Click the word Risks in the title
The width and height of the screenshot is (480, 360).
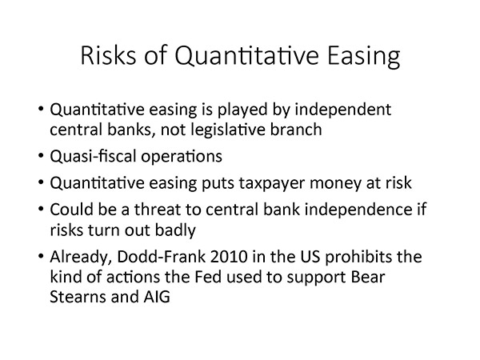(x=108, y=55)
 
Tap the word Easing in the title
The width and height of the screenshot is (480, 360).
(x=364, y=57)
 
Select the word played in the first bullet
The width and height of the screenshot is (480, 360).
(x=242, y=110)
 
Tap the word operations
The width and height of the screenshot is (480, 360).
(x=182, y=157)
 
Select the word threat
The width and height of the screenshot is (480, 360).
(x=158, y=210)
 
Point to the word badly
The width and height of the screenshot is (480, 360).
(x=175, y=230)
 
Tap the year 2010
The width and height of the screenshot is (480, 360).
(x=229, y=257)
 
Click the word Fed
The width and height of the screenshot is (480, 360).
(x=208, y=277)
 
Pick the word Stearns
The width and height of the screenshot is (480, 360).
(x=78, y=297)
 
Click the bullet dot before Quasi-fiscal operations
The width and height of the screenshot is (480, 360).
(x=42, y=156)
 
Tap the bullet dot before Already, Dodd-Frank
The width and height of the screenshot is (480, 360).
(x=42, y=256)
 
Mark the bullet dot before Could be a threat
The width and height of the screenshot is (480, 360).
(x=42, y=210)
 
